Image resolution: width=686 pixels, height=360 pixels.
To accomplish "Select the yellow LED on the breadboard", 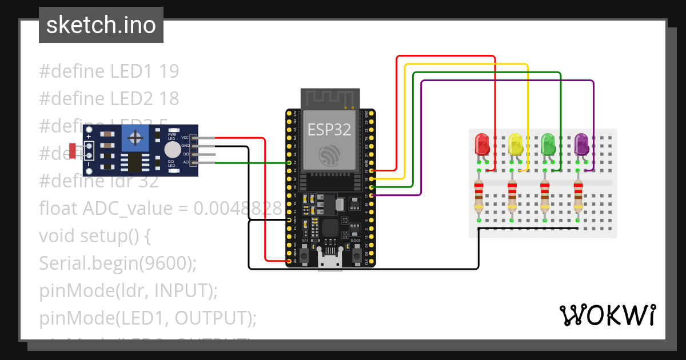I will [515, 143].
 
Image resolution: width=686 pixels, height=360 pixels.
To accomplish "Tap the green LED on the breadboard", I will [548, 143].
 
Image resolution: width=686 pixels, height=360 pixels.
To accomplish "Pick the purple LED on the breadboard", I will [581, 143].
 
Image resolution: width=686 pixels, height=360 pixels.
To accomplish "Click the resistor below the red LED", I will [478, 195].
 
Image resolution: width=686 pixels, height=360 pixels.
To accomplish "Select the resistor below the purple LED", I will [578, 195].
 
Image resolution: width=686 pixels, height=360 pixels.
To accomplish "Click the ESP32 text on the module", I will [329, 130].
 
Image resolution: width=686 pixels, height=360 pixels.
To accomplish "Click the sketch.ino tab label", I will [101, 25].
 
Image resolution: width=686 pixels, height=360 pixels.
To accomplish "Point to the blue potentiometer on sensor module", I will [135, 138].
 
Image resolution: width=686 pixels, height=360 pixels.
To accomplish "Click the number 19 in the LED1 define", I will [169, 71].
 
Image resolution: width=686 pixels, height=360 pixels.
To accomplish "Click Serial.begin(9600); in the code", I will [118, 263].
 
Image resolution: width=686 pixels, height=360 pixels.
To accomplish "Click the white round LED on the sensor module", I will [171, 150].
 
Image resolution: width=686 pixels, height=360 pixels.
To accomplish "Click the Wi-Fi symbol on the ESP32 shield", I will [330, 155].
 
